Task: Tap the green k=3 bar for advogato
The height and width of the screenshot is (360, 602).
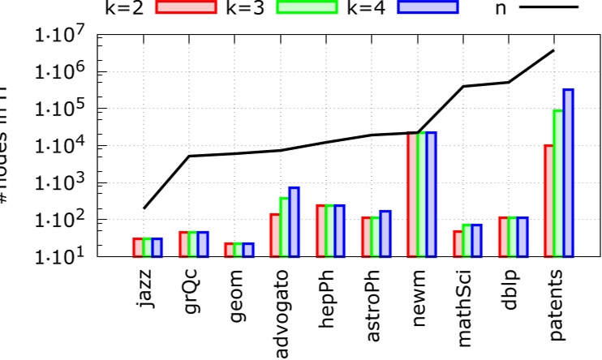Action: click(x=285, y=227)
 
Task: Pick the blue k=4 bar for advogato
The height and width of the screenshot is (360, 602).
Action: click(x=294, y=221)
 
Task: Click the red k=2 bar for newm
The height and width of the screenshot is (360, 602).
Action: click(x=411, y=195)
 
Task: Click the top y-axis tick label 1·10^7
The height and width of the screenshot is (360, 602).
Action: click(x=60, y=36)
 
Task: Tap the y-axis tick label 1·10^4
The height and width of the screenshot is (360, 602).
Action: click(x=60, y=146)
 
